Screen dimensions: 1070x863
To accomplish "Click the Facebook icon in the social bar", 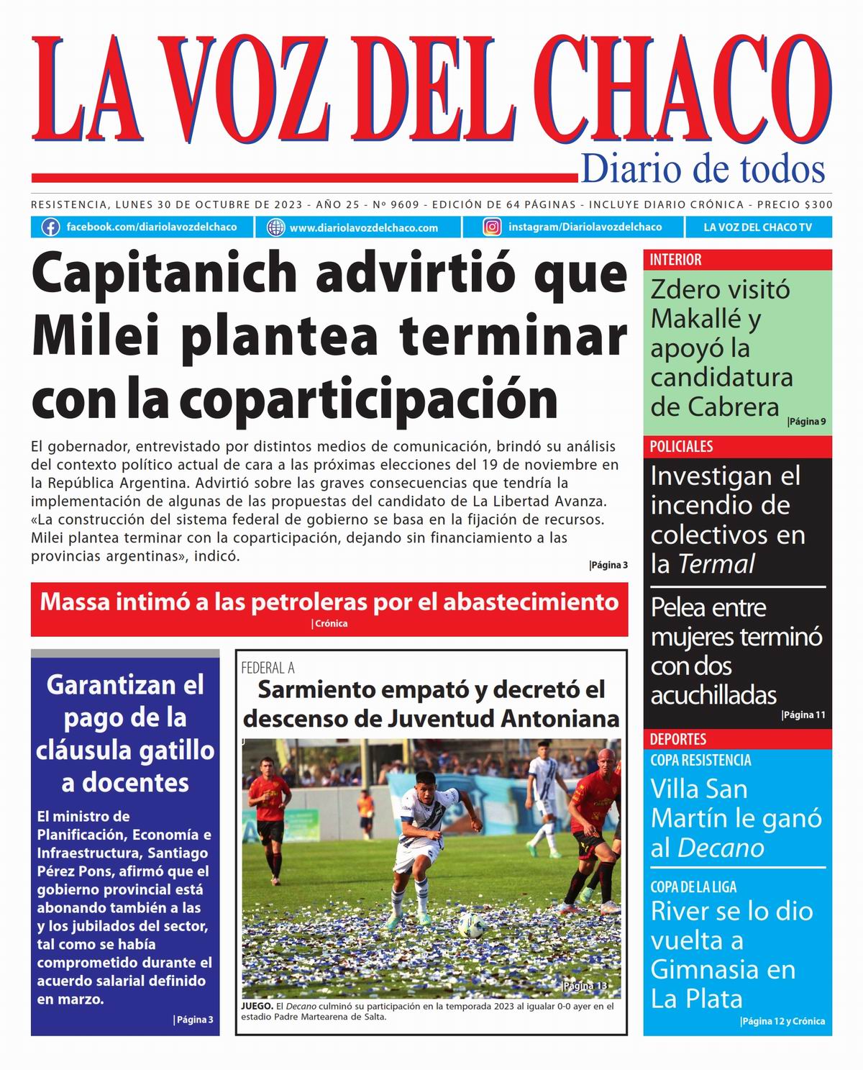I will [x=50, y=227].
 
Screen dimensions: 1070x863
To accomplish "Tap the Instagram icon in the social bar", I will [x=492, y=227].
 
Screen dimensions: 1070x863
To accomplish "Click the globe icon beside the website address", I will [x=275, y=227].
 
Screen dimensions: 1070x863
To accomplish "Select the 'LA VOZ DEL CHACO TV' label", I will [x=757, y=227].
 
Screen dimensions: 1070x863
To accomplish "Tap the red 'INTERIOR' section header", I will [x=675, y=260].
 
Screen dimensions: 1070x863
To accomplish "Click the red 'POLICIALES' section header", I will [x=681, y=446].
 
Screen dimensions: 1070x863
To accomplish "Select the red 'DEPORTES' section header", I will [x=678, y=739].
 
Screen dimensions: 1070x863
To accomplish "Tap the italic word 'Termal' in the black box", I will [x=716, y=564].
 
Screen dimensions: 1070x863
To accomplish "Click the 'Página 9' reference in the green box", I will [x=806, y=422].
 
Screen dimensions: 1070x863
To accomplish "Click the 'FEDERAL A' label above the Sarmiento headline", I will [x=268, y=668].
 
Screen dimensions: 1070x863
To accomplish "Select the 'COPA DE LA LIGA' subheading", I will [x=693, y=887].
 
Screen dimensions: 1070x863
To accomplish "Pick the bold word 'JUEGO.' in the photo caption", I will [x=257, y=1006].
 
